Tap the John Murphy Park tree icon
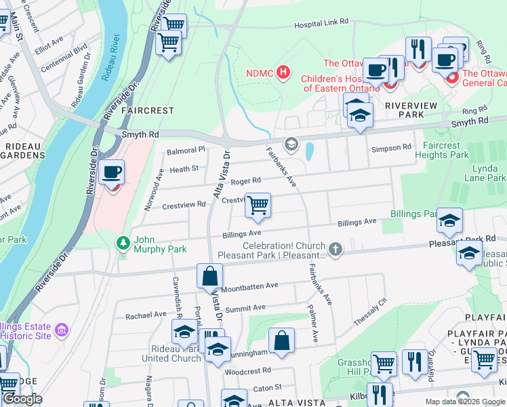pos(123,242)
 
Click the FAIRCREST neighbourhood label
pos(147,110)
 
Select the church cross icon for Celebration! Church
pos(335,250)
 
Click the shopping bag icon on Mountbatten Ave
pos(209,276)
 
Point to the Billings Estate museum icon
pos(62,330)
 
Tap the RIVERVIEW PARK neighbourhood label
pos(413,106)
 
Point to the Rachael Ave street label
pos(146,315)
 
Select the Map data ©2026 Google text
pos(465,402)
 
